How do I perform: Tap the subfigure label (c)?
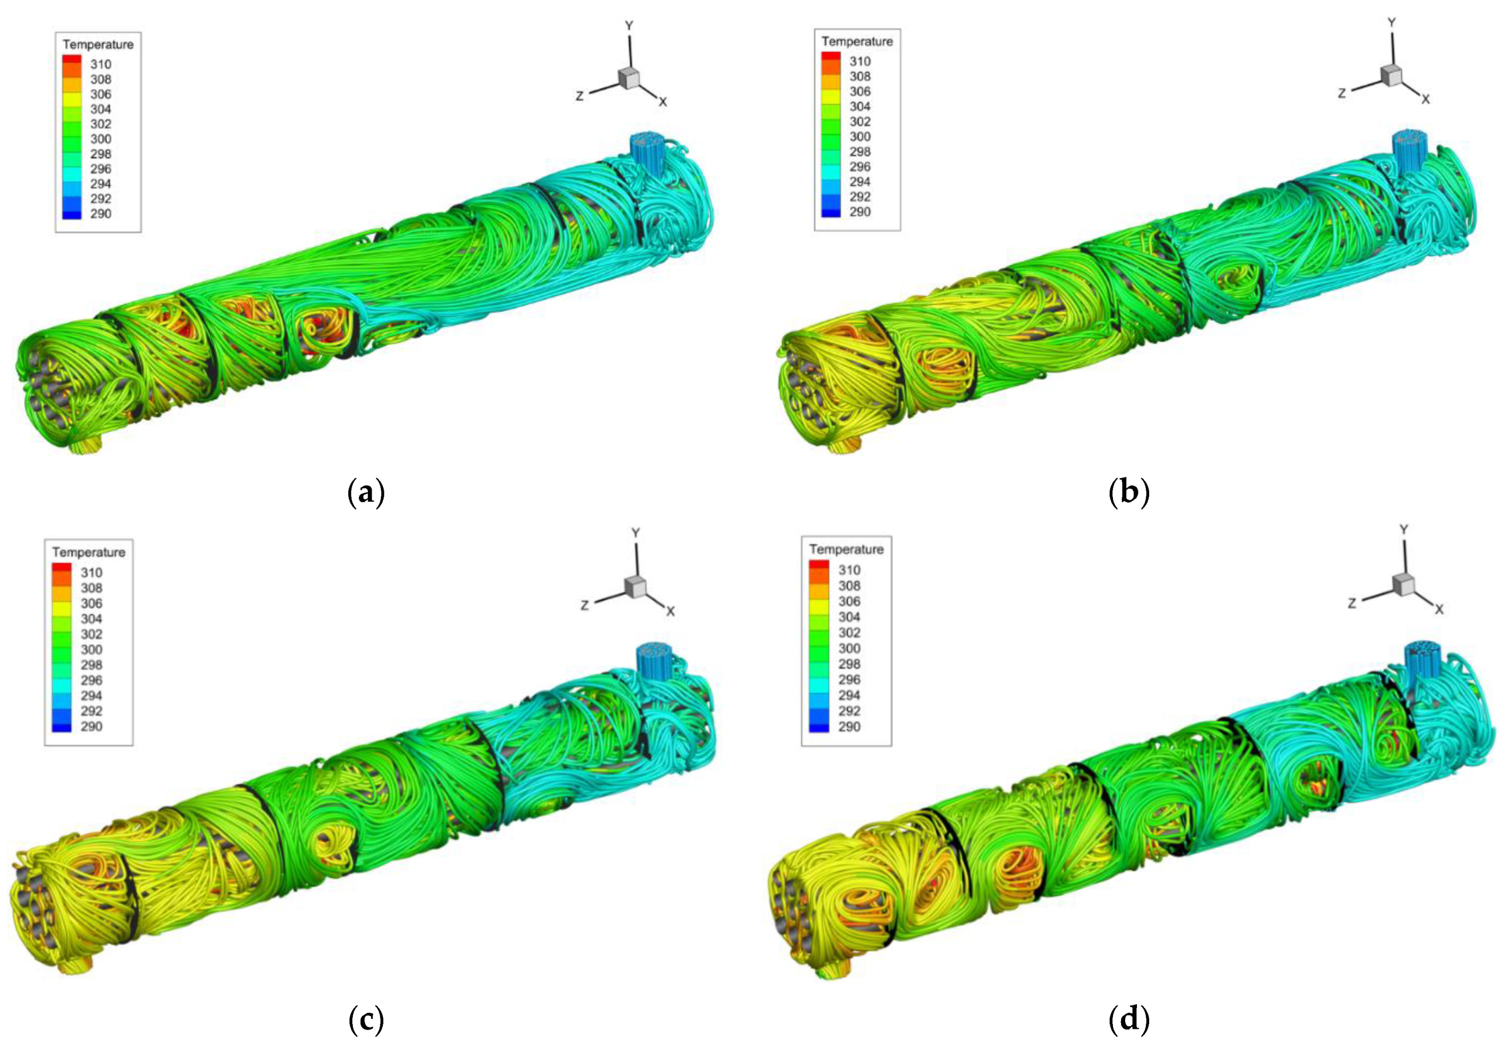tap(366, 1020)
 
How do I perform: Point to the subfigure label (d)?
tap(1129, 1020)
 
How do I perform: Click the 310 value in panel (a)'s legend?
tap(100, 64)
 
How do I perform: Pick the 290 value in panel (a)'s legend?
tap(100, 214)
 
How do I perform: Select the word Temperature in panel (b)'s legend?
tap(857, 41)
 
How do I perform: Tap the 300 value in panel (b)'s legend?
tap(860, 136)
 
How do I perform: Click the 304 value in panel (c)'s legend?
tap(91, 618)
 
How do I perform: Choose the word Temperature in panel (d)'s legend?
tap(846, 549)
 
